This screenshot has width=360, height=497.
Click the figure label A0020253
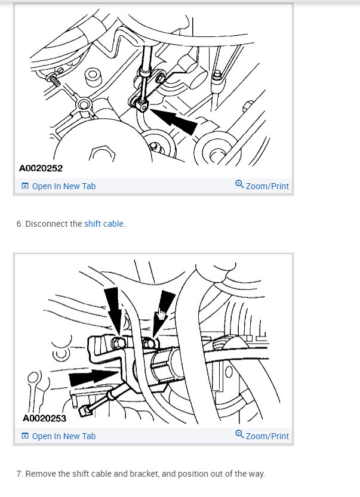(x=44, y=418)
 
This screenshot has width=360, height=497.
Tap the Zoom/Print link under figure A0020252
(x=267, y=186)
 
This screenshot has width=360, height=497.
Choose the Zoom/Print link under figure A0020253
(x=267, y=436)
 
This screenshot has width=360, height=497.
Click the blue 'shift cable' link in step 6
(x=104, y=224)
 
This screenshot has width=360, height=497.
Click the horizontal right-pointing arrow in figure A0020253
(x=93, y=378)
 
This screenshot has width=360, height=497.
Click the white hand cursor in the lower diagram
(x=161, y=316)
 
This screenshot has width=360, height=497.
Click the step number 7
(x=19, y=474)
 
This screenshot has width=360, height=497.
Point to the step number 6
(x=19, y=224)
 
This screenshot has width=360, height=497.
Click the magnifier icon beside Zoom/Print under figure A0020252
(x=239, y=185)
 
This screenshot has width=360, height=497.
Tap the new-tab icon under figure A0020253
(x=25, y=436)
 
